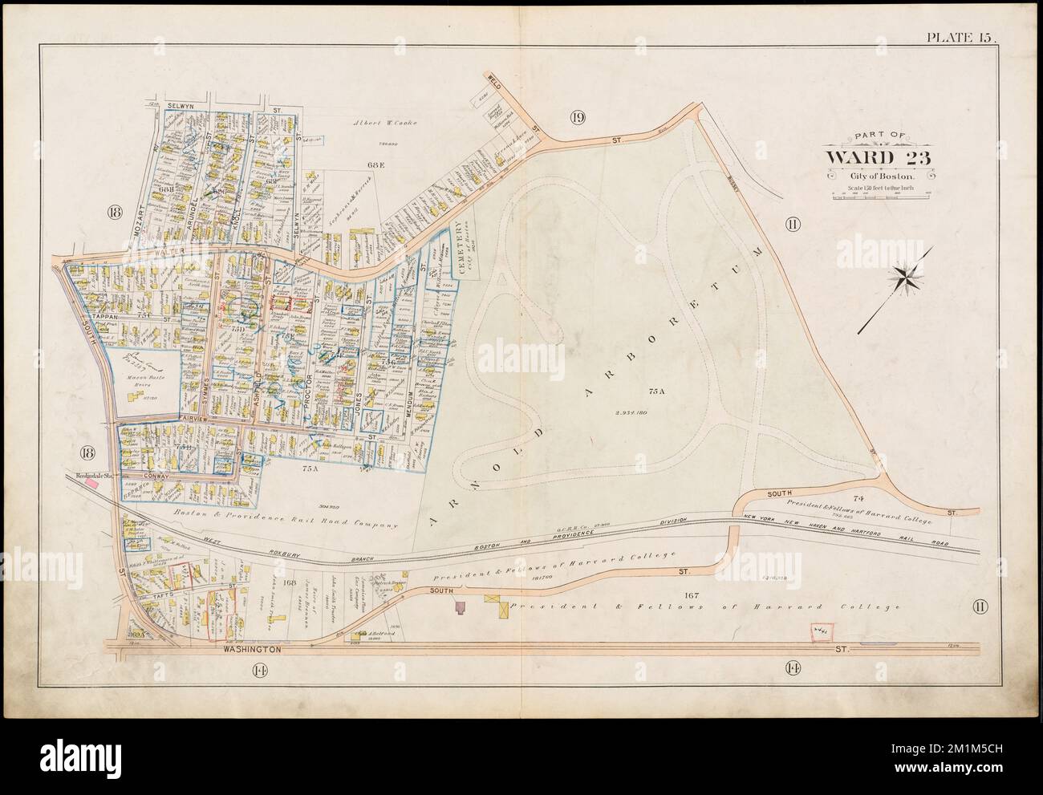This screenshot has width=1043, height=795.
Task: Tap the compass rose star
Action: point(909,278)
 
